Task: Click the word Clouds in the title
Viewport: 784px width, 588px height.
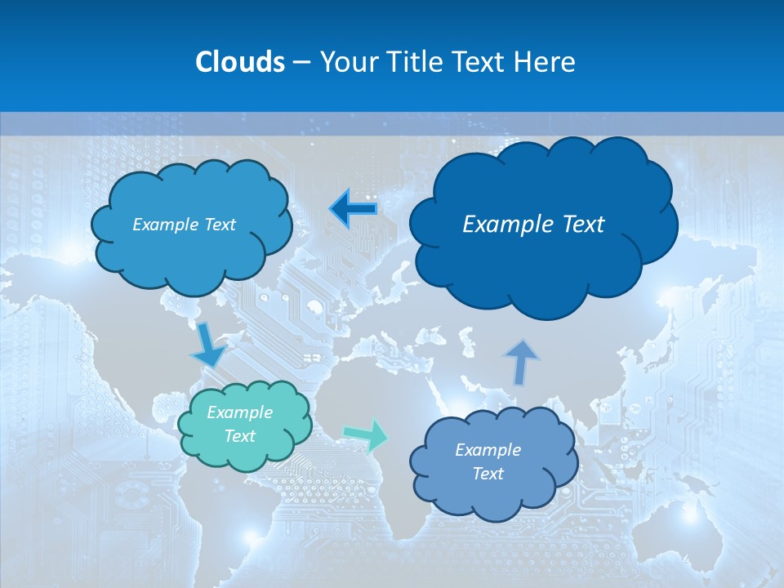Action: tap(240, 61)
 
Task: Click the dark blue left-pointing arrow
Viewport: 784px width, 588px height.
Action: tap(353, 208)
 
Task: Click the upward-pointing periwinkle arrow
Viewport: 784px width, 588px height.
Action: tap(520, 361)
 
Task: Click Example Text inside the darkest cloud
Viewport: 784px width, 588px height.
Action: tap(533, 224)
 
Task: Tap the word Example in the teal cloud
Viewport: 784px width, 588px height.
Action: tap(239, 412)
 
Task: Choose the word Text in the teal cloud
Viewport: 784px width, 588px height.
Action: tap(239, 436)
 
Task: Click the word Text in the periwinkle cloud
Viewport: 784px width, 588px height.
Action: tap(488, 474)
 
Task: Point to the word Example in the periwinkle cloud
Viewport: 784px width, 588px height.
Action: tap(488, 450)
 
